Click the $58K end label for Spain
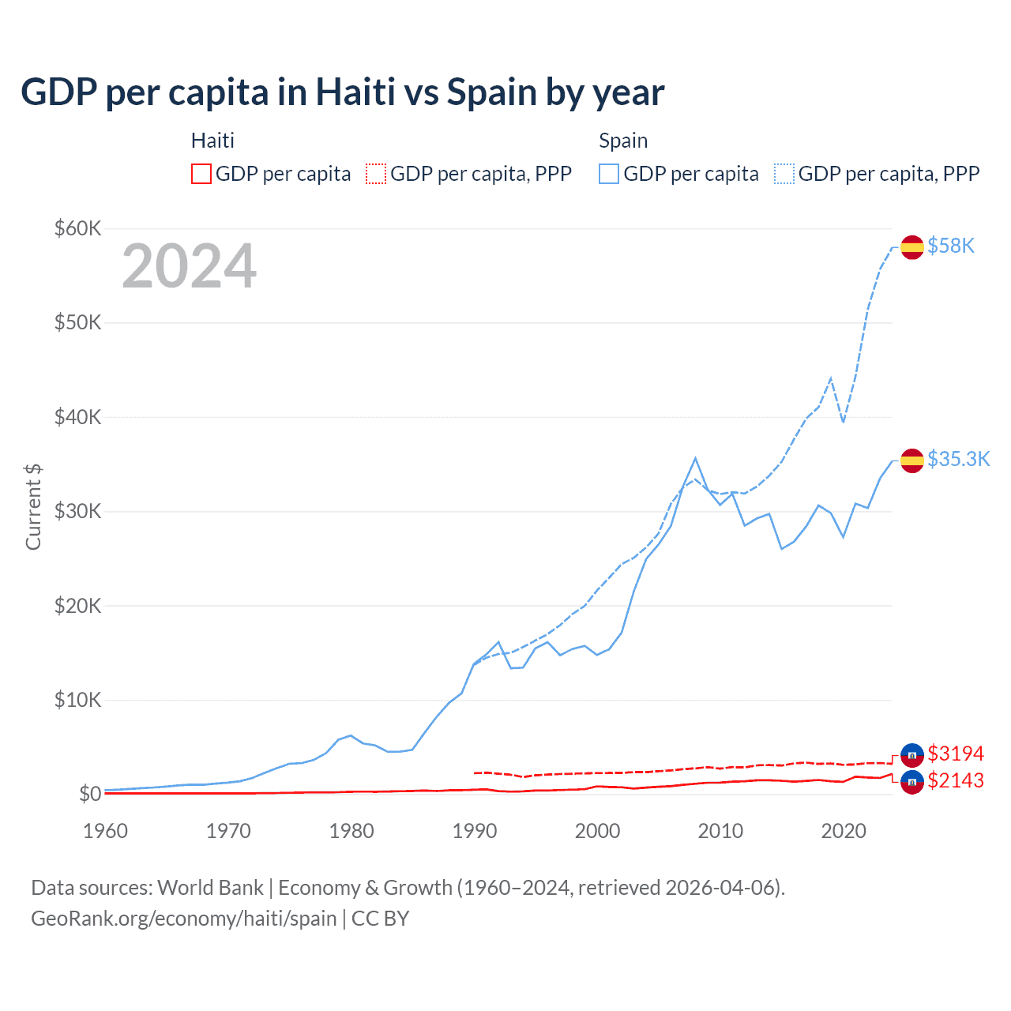951,246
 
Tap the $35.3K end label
958,460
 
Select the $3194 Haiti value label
956,754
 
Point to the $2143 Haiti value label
956,780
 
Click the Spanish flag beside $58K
912,247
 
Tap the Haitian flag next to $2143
912,782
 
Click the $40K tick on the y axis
77,417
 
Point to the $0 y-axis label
90,794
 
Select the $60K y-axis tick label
77,229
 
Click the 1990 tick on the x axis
475,831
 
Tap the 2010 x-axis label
720,831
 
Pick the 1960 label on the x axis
106,831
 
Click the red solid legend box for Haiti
201,174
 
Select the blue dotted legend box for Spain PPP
784,174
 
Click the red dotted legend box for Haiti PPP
376,174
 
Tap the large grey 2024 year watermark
190,266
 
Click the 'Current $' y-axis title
33,506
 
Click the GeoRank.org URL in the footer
183,919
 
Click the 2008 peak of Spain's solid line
695,458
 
